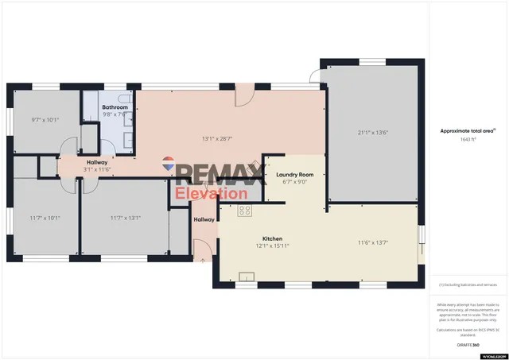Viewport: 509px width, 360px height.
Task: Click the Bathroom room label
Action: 115,106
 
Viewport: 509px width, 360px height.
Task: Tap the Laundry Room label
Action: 294,174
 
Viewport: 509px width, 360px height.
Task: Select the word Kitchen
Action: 273,238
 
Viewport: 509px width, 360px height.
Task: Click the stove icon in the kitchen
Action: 245,211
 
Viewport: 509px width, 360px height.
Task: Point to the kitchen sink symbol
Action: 247,277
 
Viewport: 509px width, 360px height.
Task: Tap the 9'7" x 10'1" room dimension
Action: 45,120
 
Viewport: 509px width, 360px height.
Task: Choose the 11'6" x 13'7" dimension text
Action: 373,242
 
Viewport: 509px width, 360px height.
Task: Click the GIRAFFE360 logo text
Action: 469,345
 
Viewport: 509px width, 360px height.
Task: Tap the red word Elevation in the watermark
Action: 211,193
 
